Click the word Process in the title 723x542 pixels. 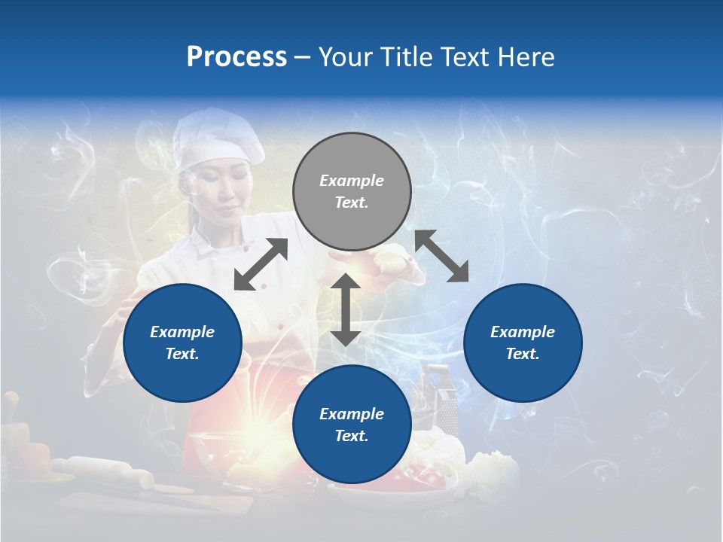click(x=236, y=57)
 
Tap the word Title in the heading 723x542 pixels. click(x=404, y=57)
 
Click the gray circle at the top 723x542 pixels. click(x=352, y=192)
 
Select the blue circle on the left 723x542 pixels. click(x=182, y=343)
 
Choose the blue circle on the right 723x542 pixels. click(x=523, y=343)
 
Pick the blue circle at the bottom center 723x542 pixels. click(x=352, y=425)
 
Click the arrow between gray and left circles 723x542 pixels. click(x=261, y=264)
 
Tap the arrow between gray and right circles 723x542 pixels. click(x=442, y=257)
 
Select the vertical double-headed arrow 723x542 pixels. click(x=346, y=309)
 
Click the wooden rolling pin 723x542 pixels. click(x=105, y=471)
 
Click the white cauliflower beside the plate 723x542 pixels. click(x=493, y=474)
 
